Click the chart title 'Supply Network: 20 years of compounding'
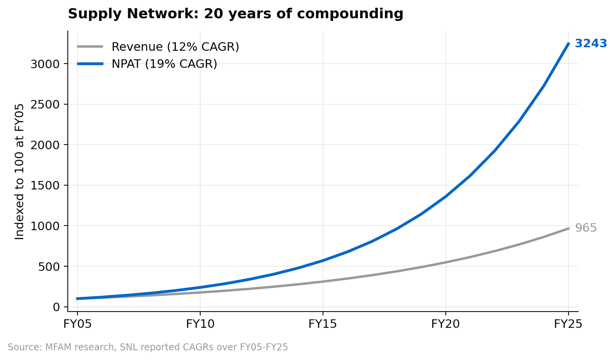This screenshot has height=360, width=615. (x=235, y=14)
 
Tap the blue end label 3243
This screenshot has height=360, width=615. (x=591, y=43)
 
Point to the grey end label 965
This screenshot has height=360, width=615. (x=586, y=228)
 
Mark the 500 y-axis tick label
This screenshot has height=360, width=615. (x=50, y=267)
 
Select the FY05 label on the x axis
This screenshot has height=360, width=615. (x=77, y=324)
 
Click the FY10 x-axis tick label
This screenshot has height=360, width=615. (x=200, y=324)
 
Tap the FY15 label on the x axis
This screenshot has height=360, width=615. (x=323, y=324)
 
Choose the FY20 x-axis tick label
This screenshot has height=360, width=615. (x=445, y=324)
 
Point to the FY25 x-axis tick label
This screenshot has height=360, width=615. (x=568, y=324)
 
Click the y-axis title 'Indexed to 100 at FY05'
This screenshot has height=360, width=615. (x=19, y=171)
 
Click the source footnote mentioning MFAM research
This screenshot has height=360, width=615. (x=148, y=347)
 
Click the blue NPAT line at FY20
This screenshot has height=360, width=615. (x=445, y=196)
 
